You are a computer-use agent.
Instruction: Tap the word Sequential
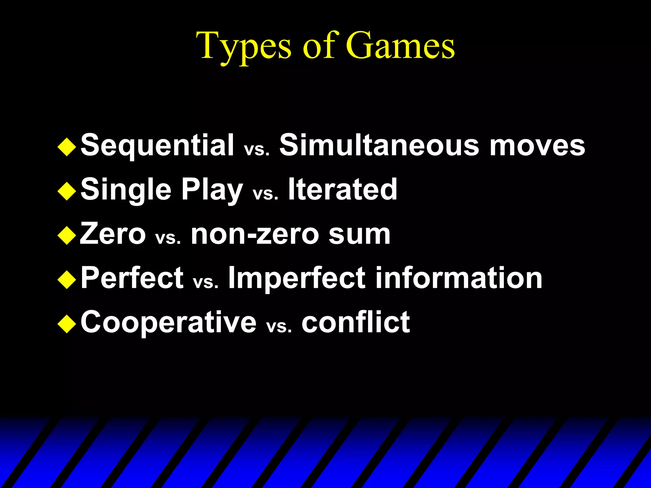pos(157,146)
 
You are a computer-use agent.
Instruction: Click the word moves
pos(537,146)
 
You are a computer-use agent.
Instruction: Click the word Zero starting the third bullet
pos(113,234)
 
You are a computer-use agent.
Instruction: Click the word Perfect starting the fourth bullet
pos(132,278)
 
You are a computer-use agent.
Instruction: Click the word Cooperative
pos(168,322)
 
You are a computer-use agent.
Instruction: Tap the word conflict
pos(356,322)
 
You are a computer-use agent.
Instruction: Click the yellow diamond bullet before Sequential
pos(67,147)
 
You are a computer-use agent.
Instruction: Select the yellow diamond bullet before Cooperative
pos(67,324)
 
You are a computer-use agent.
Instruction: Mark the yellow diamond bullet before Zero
pos(67,235)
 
